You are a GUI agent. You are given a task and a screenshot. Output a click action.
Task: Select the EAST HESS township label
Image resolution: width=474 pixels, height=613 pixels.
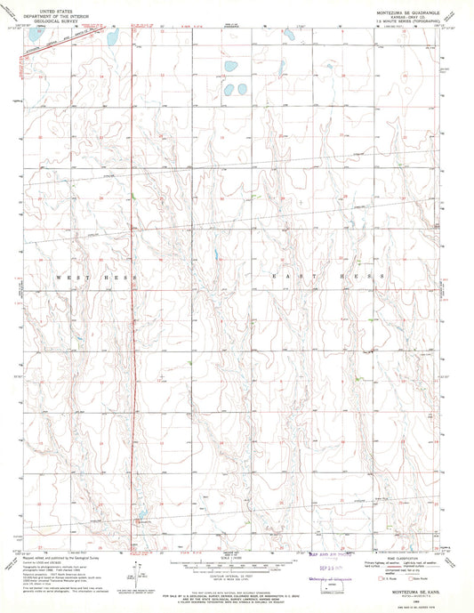click(328, 278)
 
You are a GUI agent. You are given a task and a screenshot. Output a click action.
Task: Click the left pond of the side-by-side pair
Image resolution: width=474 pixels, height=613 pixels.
click(228, 90)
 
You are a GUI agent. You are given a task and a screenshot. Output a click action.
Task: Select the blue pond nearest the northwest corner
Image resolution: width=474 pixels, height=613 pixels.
click(112, 38)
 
